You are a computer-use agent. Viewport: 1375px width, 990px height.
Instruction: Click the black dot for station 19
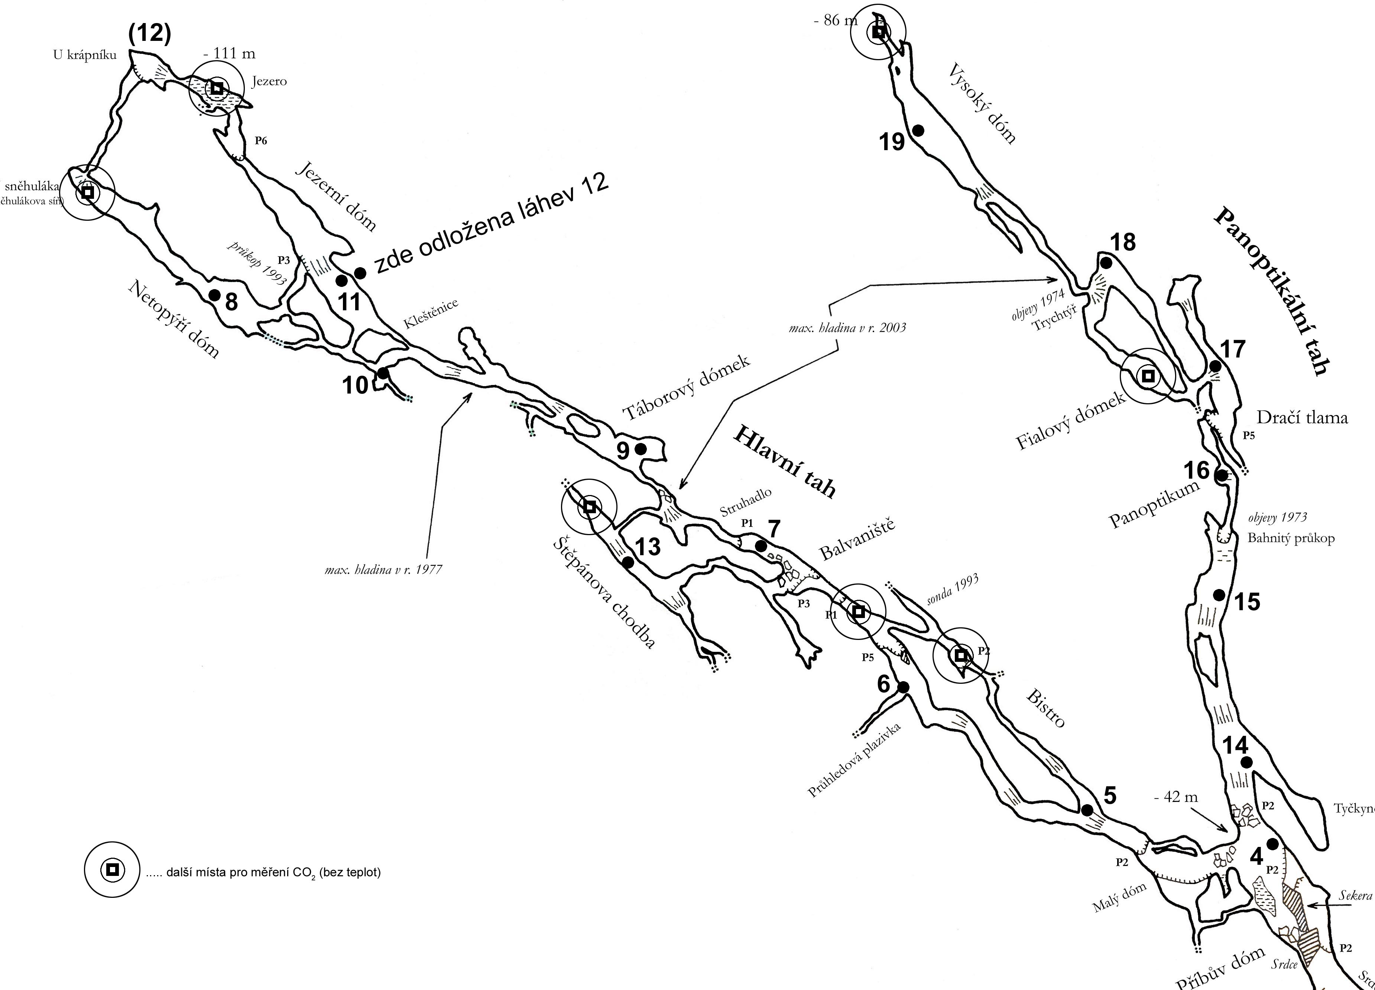point(918,130)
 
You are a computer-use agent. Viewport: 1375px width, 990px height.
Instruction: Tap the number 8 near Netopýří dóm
point(231,302)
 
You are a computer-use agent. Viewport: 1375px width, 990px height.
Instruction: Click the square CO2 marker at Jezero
point(217,88)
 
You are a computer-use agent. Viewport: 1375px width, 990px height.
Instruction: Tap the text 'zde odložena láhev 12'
point(491,222)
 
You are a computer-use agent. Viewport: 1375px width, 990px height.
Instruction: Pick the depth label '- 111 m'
point(229,54)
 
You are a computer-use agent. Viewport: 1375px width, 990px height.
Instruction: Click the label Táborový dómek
point(687,388)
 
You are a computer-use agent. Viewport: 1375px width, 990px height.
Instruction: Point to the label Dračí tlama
point(1302,417)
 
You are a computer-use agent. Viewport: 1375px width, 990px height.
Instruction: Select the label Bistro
point(1045,709)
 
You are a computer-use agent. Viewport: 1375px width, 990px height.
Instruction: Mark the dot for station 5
point(1087,810)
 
